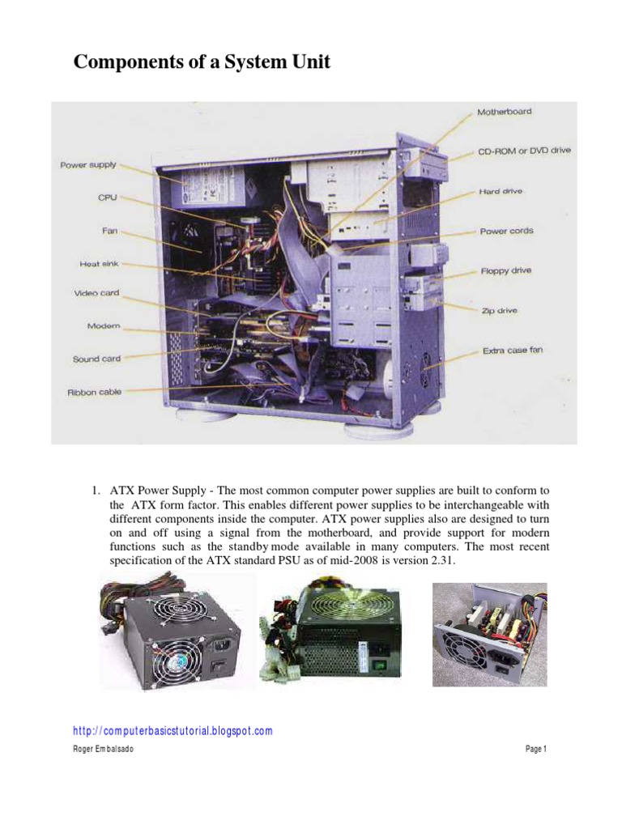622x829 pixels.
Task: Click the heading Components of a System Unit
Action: (202, 63)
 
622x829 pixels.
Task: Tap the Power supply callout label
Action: (88, 165)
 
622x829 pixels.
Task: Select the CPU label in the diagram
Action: (108, 197)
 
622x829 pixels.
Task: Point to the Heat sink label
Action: (100, 264)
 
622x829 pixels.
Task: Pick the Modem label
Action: (103, 326)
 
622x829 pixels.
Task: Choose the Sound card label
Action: (96, 359)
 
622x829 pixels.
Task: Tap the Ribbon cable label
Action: (94, 392)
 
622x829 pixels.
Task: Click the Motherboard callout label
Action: (504, 112)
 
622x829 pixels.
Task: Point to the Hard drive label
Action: (501, 192)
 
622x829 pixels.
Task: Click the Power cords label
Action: (506, 232)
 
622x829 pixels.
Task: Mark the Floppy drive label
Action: (505, 270)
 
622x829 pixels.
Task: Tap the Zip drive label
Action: (500, 310)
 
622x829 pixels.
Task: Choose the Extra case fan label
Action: (513, 351)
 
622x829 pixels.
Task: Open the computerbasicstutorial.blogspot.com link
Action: (173, 731)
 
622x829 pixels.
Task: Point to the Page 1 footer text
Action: (536, 750)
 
